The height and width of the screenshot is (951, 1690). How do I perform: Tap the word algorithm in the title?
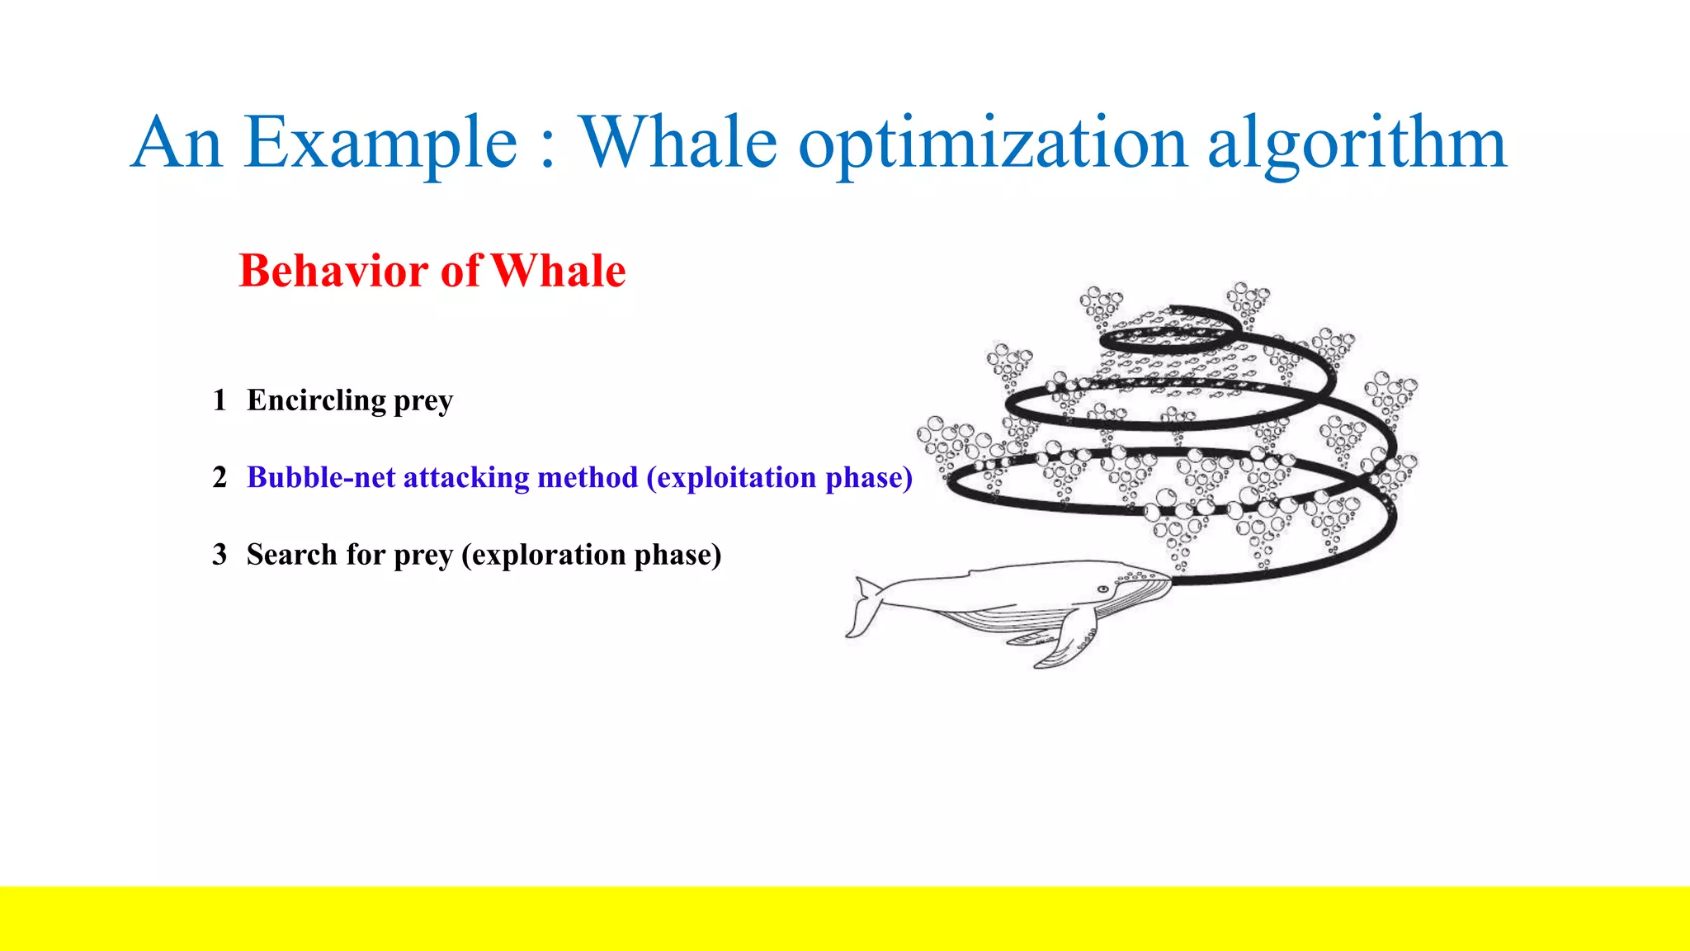click(x=1357, y=144)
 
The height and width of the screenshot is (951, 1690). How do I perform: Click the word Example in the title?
click(x=380, y=144)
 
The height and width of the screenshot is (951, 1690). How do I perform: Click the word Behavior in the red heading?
click(x=335, y=271)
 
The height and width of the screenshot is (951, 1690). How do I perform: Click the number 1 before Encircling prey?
click(x=219, y=400)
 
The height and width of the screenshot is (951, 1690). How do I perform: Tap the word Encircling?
click(x=316, y=400)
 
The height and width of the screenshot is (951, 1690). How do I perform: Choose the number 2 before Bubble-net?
click(x=219, y=477)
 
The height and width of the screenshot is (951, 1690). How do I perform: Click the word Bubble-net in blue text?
click(x=320, y=477)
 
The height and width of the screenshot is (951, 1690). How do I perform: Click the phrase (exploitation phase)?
click(x=779, y=477)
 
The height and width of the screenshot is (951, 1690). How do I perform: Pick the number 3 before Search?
click(x=219, y=555)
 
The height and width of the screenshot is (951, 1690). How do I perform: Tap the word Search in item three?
click(x=291, y=555)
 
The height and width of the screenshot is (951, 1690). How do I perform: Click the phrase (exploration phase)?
click(x=591, y=555)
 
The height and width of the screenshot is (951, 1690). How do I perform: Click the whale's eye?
click(x=1102, y=589)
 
